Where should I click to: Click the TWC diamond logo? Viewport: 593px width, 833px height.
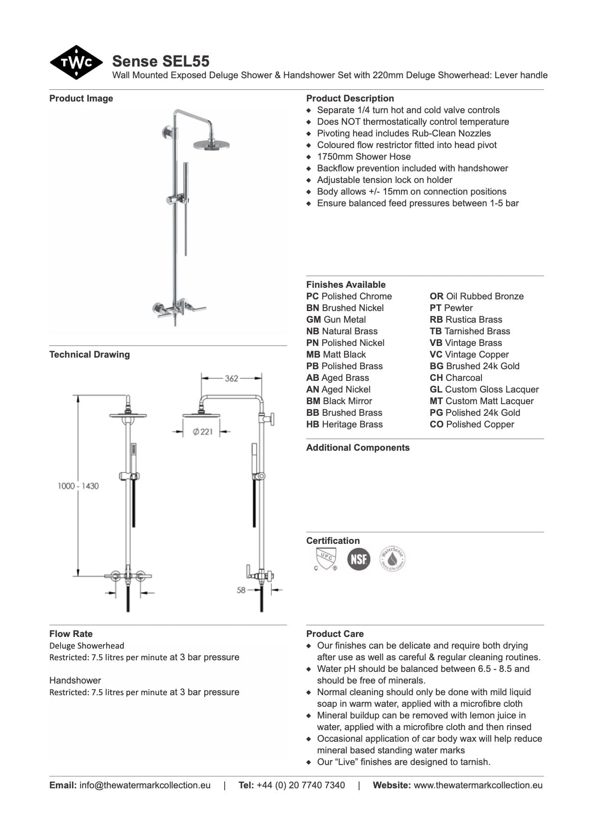pos(76,62)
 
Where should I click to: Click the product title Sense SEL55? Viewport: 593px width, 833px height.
pos(160,61)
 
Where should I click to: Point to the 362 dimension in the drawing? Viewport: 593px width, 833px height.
pos(231,379)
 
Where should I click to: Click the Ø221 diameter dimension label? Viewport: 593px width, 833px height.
pos(203,432)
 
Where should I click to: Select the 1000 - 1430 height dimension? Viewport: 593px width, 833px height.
pos(78,486)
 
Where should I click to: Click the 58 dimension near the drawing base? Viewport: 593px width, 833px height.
pos(241,590)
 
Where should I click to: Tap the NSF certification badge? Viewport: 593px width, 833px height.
pos(359,559)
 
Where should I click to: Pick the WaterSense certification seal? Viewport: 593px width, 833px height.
pos(393,559)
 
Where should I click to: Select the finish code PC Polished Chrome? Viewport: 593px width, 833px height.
pos(349,296)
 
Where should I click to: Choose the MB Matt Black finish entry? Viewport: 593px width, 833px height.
pos(336,354)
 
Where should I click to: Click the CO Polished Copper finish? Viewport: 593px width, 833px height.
pos(472,424)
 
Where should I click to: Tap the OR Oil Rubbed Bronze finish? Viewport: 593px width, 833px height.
pos(476,296)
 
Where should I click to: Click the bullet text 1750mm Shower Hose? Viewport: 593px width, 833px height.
pos(364,156)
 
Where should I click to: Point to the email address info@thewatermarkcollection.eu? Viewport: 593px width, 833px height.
pos(145,785)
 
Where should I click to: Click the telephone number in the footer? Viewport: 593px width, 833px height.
pos(300,785)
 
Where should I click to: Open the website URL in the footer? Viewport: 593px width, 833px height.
pos(478,785)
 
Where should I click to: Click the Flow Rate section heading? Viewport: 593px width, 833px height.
pos(71,634)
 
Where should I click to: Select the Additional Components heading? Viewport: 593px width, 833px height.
pos(358,447)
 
